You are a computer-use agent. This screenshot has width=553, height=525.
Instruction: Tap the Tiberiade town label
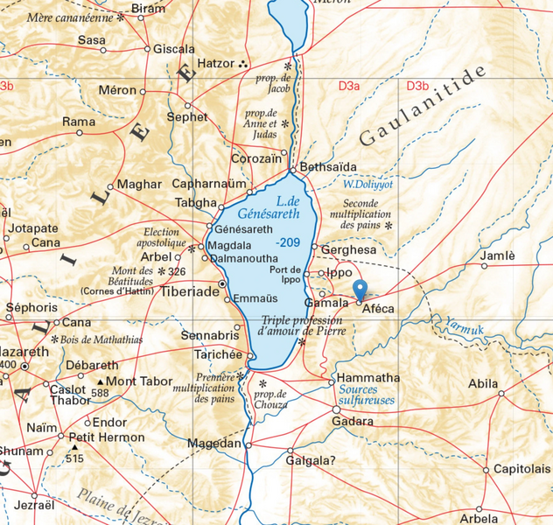189,291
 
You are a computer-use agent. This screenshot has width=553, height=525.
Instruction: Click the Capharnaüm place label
209,185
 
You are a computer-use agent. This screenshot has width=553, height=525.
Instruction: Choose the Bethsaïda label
328,166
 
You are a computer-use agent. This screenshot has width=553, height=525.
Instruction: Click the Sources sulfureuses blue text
366,395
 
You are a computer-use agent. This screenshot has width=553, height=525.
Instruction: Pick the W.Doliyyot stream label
365,185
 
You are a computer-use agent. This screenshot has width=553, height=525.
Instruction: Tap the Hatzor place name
216,64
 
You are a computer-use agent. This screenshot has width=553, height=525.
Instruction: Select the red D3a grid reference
349,86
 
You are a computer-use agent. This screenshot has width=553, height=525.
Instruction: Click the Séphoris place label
31,308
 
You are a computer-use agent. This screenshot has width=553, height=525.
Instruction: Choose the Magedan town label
213,444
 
